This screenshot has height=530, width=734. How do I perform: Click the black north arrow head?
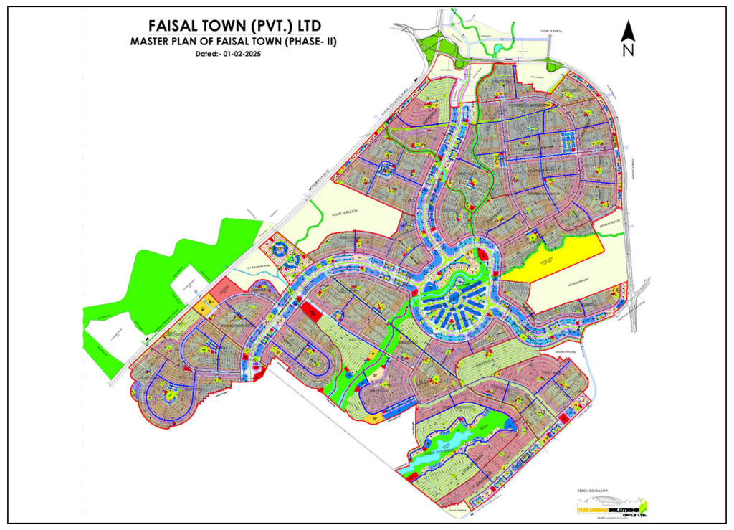628,31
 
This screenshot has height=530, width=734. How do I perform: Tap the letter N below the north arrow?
628,50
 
